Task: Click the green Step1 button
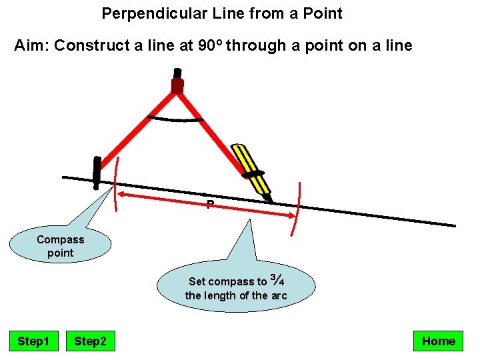pyautogui.click(x=33, y=341)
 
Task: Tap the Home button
pyautogui.click(x=438, y=341)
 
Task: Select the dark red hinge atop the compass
pyautogui.click(x=177, y=85)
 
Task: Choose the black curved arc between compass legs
pyautogui.click(x=175, y=121)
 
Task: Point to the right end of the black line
pyautogui.click(x=453, y=225)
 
